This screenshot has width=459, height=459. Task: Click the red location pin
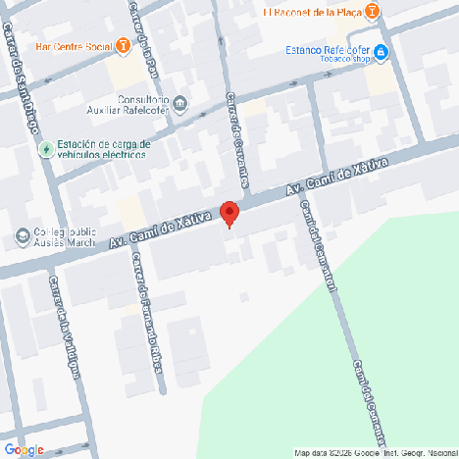coord(229,213)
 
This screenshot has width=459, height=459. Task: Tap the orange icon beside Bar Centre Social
coord(122,45)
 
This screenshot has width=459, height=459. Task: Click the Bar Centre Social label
coord(72,45)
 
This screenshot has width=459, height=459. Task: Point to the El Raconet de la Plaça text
coord(311,12)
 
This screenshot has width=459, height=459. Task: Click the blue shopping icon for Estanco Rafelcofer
coord(380,51)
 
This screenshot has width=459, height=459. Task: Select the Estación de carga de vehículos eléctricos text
coord(103,149)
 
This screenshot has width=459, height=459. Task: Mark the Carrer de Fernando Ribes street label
coord(147,314)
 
